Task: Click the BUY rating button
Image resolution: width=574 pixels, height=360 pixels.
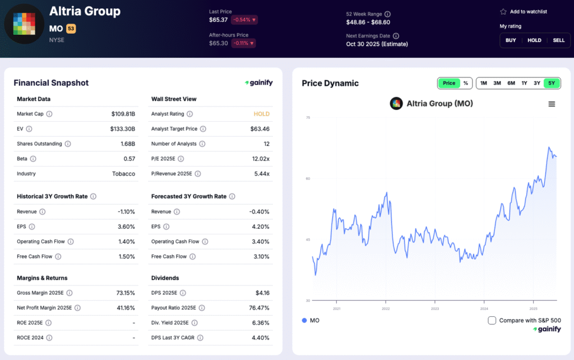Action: [511, 40]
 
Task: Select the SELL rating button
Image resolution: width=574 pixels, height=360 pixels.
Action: [558, 40]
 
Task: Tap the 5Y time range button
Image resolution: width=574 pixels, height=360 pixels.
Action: [552, 83]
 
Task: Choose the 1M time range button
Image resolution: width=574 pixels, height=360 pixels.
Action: [483, 83]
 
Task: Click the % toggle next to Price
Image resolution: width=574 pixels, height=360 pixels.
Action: [465, 83]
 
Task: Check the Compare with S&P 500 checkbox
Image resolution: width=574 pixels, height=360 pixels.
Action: [492, 320]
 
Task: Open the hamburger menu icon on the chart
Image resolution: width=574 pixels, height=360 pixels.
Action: [552, 104]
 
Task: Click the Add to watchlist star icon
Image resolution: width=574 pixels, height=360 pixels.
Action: [503, 12]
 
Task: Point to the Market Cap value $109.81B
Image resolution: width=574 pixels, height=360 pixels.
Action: [123, 114]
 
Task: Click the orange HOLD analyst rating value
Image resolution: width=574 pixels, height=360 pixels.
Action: [261, 114]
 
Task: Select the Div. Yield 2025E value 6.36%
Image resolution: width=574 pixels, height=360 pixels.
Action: [260, 323]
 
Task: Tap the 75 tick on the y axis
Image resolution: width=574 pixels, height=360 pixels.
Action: [308, 118]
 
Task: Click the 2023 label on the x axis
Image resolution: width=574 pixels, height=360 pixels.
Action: [434, 308]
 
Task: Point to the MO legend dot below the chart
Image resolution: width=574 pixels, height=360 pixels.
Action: [304, 320]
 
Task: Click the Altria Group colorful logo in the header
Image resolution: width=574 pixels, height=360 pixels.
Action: [24, 24]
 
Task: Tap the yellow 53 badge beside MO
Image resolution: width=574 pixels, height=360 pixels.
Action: [71, 28]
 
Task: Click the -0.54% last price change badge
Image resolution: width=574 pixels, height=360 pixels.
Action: [245, 20]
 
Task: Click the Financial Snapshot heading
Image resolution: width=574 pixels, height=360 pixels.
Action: [51, 83]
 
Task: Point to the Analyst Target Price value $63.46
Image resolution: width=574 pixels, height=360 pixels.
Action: [260, 129]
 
